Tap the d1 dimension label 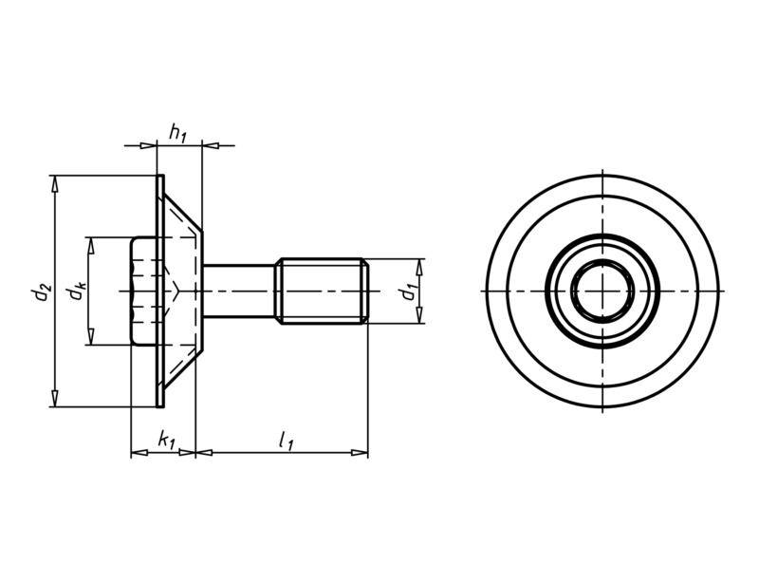(408, 291)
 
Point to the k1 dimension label (166, 440)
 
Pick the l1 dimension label (286, 440)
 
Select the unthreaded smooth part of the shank (239, 291)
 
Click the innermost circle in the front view (602, 290)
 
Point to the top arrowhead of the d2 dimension (54, 181)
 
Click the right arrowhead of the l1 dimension (361, 453)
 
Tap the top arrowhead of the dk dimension (91, 243)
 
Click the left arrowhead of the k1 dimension (136, 453)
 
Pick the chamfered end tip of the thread (364, 291)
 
